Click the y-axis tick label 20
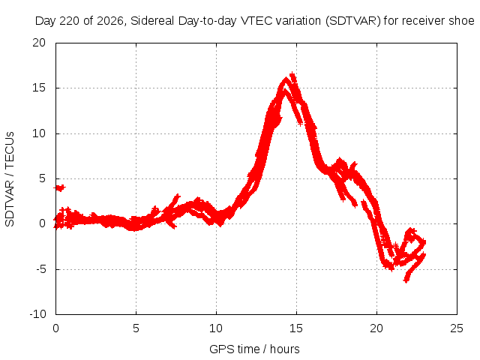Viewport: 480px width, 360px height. pyautogui.click(x=39, y=43)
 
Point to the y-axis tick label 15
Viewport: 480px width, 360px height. pyautogui.click(x=39, y=88)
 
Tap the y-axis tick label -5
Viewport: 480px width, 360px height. pyautogui.click(x=41, y=269)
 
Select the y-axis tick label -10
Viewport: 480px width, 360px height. pyautogui.click(x=37, y=314)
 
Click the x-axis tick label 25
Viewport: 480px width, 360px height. pyautogui.click(x=457, y=328)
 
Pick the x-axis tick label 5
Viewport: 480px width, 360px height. pyautogui.click(x=136, y=328)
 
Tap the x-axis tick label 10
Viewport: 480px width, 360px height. pyautogui.click(x=216, y=328)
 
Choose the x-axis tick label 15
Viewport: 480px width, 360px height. pyautogui.click(x=296, y=328)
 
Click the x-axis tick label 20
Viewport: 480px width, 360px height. pyautogui.click(x=376, y=328)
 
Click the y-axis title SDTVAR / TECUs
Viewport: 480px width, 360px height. pyautogui.click(x=10, y=179)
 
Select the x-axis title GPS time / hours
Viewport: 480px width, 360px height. pyautogui.click(x=254, y=349)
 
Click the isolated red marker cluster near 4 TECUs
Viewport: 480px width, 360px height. pyautogui.click(x=59, y=187)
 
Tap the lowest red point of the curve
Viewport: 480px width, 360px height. pyautogui.click(x=406, y=280)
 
